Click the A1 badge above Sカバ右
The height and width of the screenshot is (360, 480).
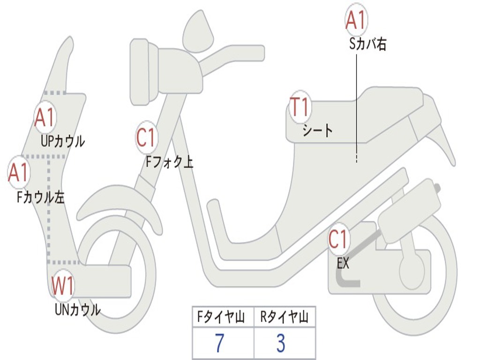tap(356, 21)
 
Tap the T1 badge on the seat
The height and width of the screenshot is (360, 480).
tap(299, 107)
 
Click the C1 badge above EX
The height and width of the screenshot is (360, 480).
tap(338, 240)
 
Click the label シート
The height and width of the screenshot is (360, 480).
tap(317, 130)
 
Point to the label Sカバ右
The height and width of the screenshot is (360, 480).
tap(368, 45)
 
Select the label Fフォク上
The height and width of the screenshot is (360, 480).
tap(169, 162)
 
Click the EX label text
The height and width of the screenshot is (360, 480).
tap(343, 263)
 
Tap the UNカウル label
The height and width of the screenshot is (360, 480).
tap(77, 309)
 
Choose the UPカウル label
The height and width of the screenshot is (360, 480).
tap(63, 141)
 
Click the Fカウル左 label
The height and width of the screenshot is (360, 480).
tap(40, 197)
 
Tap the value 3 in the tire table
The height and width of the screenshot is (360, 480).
tap(281, 344)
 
